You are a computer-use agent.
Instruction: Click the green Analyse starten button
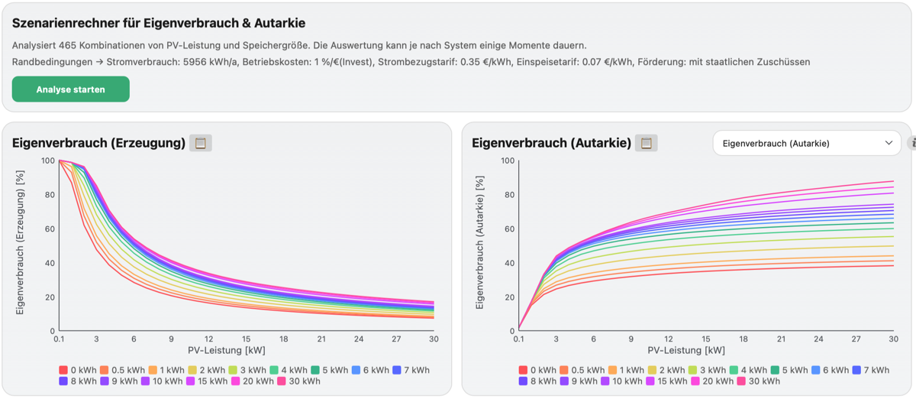pos(71,89)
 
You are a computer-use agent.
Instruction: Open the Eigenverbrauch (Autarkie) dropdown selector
pos(806,143)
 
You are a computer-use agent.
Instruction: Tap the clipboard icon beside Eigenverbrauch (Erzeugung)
pos(200,143)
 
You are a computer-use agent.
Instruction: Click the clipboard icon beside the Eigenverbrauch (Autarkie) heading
pos(646,143)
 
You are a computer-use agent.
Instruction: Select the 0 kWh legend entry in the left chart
pos(78,370)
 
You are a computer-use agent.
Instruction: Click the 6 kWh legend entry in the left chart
pos(370,370)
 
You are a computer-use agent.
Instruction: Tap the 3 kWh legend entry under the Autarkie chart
pos(707,370)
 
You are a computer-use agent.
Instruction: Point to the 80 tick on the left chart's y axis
pos(50,195)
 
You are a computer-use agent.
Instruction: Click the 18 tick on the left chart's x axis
pos(284,339)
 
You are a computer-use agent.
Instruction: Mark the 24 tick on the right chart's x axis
pos(818,339)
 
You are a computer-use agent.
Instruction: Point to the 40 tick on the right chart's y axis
pos(510,263)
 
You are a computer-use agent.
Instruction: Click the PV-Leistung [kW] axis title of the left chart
pos(227,350)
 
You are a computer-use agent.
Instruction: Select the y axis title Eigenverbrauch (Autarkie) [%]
pos(479,242)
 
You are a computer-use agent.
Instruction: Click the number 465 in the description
pos(67,45)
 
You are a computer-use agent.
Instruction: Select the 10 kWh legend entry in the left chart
pos(162,381)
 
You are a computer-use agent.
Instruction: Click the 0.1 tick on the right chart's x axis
pos(518,339)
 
